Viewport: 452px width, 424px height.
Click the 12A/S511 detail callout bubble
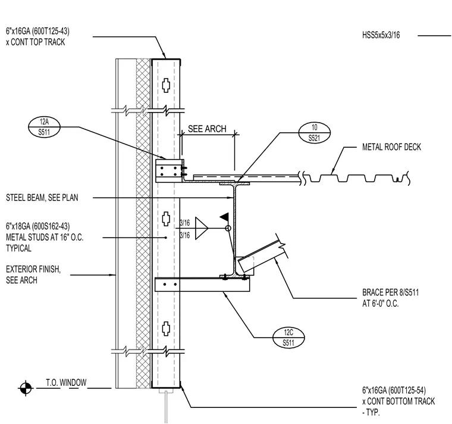[44, 127]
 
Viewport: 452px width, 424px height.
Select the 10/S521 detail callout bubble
[314, 132]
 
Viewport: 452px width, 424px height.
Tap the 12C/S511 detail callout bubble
[288, 338]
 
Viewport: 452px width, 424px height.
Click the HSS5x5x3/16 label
[381, 35]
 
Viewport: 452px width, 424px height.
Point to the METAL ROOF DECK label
[391, 147]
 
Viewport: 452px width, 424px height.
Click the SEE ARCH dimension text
[207, 129]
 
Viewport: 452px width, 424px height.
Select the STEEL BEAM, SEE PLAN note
[42, 198]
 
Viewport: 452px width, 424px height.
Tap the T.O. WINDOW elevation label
[66, 382]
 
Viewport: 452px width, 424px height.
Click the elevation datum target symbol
[26, 388]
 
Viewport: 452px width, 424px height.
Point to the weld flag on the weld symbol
[225, 217]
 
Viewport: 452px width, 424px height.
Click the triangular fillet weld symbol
[201, 228]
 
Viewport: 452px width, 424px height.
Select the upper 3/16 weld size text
[185, 223]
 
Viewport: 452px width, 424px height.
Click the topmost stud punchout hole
[166, 85]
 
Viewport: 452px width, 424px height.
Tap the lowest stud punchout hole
[166, 329]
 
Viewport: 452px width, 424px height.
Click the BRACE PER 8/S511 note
[390, 292]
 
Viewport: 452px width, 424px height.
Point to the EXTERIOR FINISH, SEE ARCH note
[33, 275]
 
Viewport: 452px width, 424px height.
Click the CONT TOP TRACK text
[37, 42]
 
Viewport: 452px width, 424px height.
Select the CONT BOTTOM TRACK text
[401, 401]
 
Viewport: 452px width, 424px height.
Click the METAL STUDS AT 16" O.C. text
[45, 237]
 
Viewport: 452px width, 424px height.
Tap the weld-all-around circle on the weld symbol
[228, 228]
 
